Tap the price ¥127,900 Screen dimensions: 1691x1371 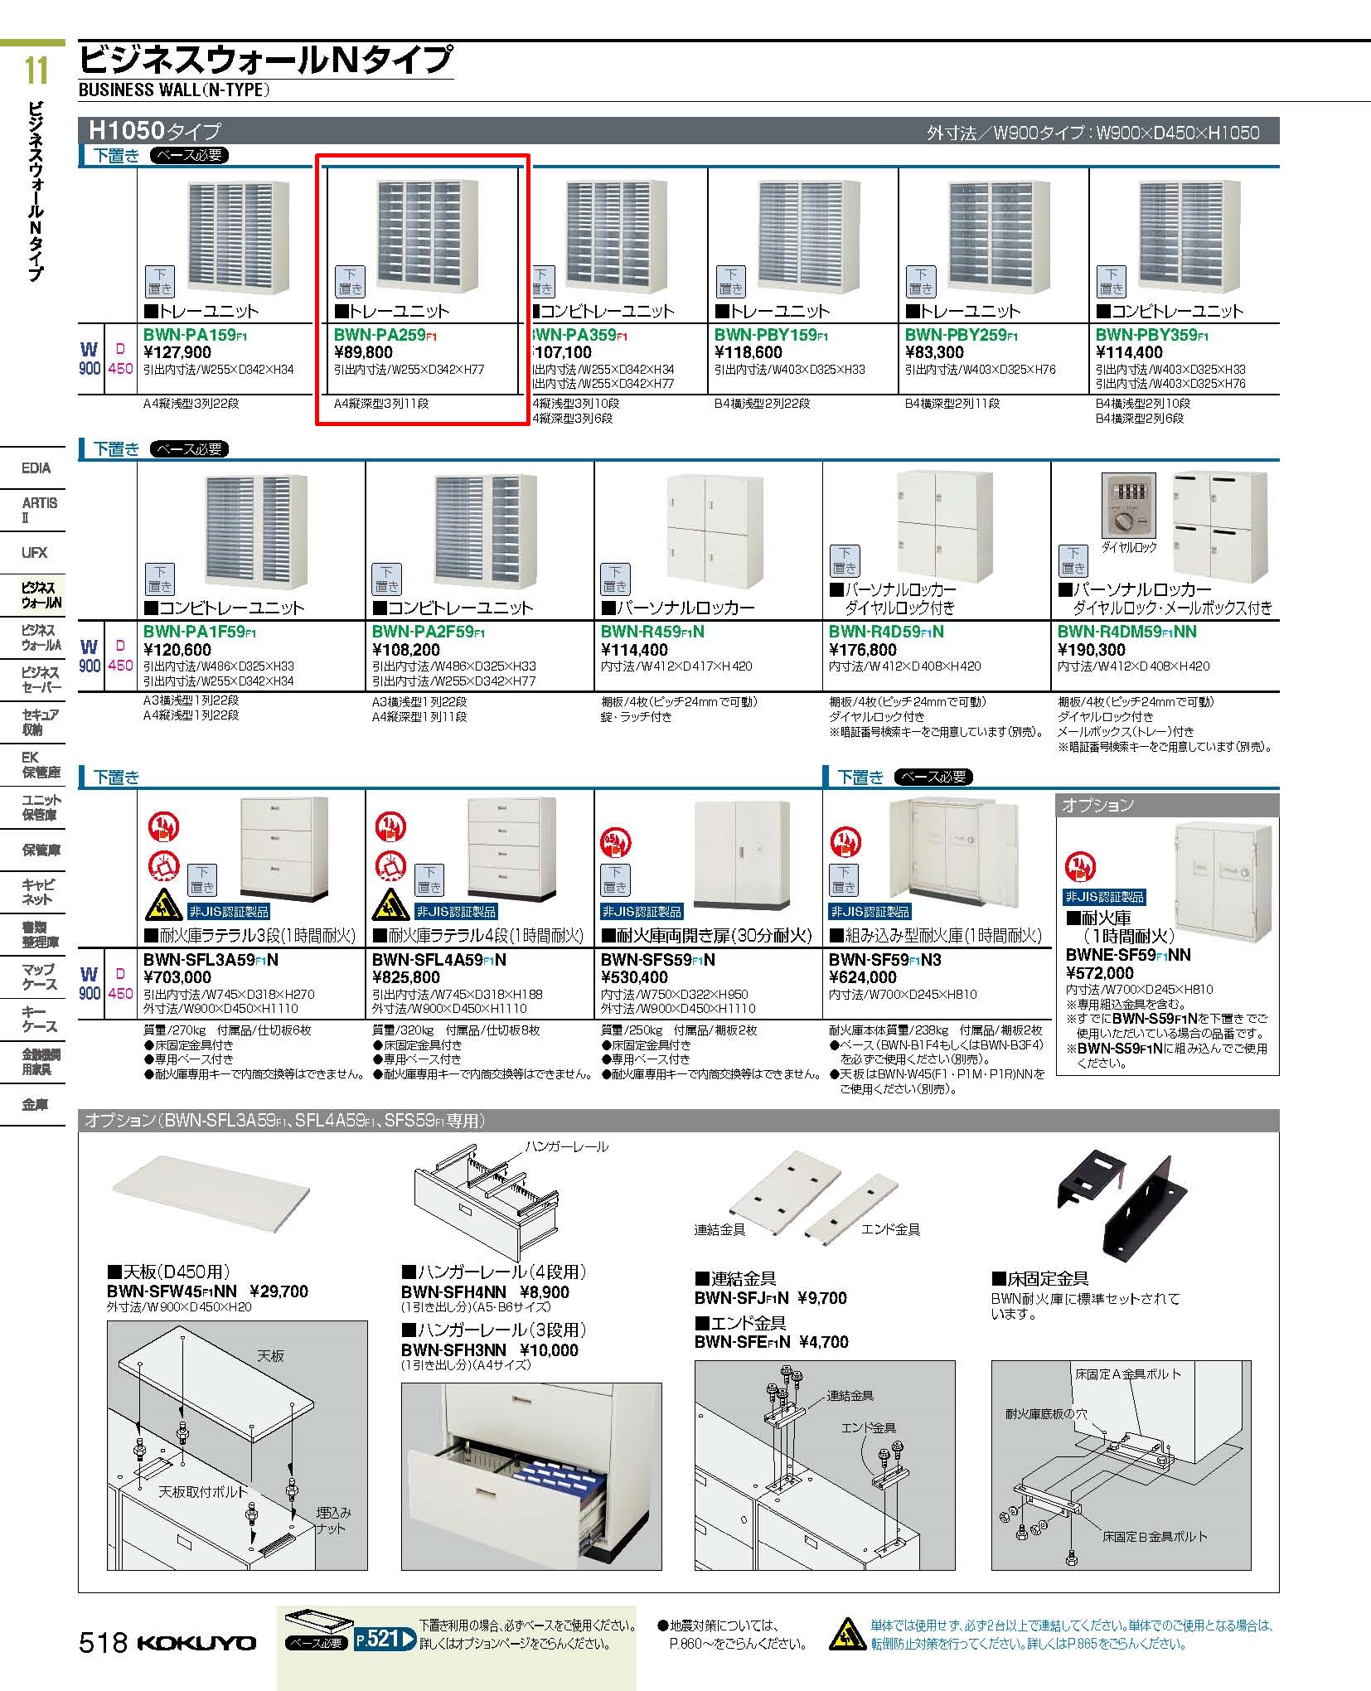(177, 352)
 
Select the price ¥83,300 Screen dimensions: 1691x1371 (934, 352)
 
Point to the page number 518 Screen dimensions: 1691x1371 (102, 1642)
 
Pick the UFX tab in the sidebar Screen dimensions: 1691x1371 (35, 552)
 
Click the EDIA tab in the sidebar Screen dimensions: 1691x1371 (36, 468)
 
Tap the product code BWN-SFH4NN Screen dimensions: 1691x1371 (453, 1291)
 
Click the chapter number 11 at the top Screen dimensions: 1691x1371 (36, 71)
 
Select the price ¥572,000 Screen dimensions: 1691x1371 (1099, 973)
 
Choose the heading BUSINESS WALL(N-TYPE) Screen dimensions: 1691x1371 (174, 90)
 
